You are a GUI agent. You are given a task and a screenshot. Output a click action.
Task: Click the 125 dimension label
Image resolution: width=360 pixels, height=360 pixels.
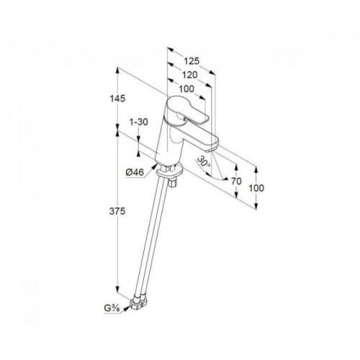click(x=192, y=61)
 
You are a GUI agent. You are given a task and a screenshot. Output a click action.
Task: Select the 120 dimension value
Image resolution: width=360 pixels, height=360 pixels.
click(x=189, y=75)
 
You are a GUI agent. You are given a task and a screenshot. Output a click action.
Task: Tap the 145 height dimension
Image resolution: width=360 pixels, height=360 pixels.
click(x=117, y=99)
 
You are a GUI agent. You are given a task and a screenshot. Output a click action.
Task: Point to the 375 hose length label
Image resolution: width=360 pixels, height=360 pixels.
click(x=117, y=212)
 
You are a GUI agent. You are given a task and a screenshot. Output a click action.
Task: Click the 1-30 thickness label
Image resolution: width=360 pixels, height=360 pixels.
click(x=139, y=122)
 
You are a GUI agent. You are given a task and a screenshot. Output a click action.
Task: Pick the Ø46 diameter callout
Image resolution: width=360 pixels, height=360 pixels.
click(x=135, y=172)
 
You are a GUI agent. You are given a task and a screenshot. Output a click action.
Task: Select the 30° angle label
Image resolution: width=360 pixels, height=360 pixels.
click(x=204, y=161)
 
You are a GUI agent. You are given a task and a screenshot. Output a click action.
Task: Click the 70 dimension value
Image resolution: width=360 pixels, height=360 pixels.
click(x=236, y=181)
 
